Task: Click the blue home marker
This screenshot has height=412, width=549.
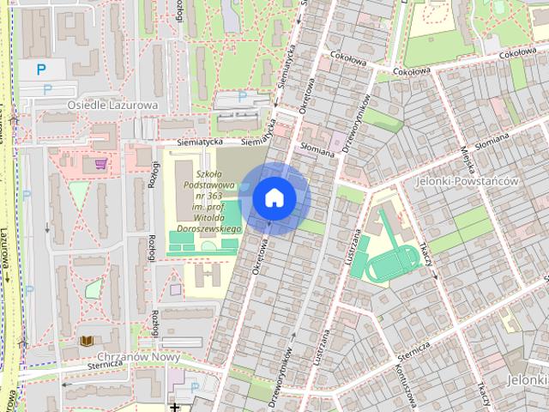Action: pos(274,197)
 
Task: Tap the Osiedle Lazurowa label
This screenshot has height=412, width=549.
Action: pos(112,105)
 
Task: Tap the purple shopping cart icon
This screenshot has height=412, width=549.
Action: pos(101,162)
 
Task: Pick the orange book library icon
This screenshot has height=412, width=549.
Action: pos(86,342)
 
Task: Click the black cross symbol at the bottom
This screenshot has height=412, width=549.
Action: pos(174,406)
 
